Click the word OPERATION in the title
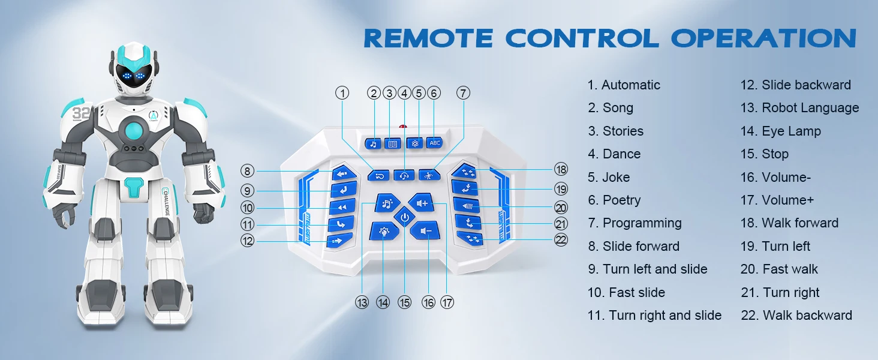(763, 38)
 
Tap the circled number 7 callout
(462, 93)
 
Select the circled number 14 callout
(383, 302)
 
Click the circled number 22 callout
(561, 239)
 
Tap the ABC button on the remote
(434, 143)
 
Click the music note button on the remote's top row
(373, 143)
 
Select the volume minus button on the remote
(426, 230)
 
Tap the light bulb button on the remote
(382, 231)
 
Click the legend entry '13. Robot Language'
(799, 108)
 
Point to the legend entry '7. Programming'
(635, 223)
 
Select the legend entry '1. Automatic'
(624, 85)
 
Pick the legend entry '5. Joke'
(609, 178)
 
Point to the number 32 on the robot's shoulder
(81, 113)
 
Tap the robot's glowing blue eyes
(133, 77)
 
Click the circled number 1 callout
(342, 93)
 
